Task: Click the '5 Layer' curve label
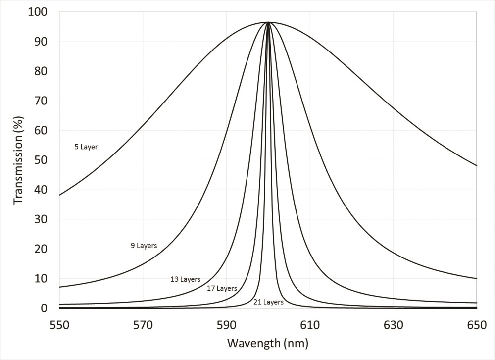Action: (86, 147)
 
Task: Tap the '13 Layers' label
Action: (185, 279)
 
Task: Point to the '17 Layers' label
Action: (222, 288)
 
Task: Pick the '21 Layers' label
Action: (268, 302)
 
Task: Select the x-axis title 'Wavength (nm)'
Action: (268, 343)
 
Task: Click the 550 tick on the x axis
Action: (59, 325)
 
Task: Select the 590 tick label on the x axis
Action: (226, 325)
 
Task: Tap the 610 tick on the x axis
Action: (309, 325)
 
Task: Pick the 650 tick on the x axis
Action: (476, 325)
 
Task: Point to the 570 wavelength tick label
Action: (143, 325)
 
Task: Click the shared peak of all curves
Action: (268, 22)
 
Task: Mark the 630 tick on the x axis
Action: (393, 325)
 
